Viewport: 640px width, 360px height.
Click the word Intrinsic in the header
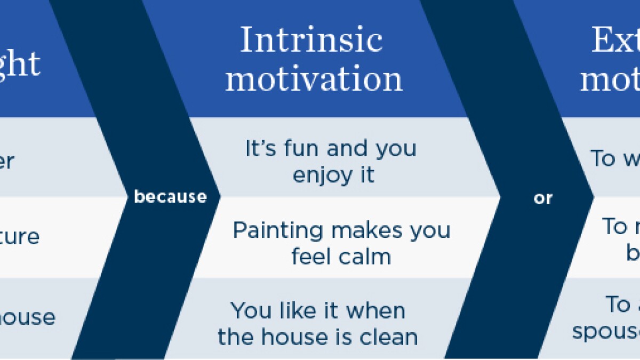coord(311,40)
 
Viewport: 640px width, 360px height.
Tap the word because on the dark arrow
coord(170,197)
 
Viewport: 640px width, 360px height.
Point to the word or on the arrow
coord(543,198)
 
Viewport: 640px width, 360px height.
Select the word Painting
coord(278,230)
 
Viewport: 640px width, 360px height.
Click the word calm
coord(366,257)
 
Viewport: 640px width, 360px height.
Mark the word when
coord(379,310)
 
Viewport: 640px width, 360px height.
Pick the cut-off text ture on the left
coord(20,236)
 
